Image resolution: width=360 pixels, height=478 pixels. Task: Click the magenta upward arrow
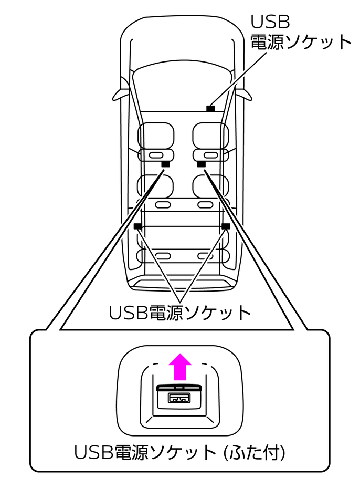(180, 367)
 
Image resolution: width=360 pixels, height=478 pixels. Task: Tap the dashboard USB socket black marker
(210, 109)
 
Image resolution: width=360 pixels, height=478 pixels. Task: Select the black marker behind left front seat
(165, 164)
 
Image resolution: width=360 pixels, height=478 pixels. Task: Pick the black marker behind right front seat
(201, 164)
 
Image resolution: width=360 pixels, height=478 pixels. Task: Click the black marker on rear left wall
(138, 226)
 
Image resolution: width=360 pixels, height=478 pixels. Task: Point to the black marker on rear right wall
(226, 226)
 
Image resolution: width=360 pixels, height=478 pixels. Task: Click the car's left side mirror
(119, 94)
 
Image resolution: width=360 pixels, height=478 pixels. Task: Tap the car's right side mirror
(243, 94)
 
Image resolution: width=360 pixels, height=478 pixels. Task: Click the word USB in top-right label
(270, 22)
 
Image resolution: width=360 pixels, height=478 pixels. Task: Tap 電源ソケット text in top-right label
(301, 42)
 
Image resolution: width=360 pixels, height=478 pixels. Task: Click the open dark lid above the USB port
(180, 387)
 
